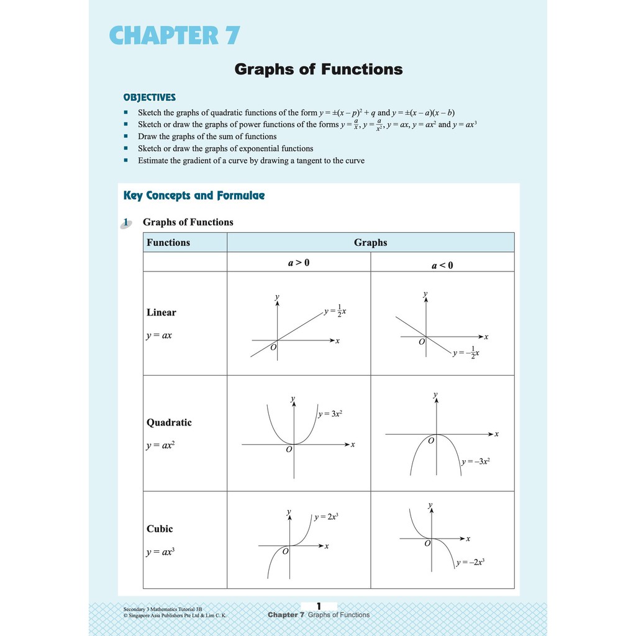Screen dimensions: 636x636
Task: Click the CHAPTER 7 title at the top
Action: click(x=175, y=35)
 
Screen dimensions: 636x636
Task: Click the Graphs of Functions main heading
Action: click(x=318, y=69)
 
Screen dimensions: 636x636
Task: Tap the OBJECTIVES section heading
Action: click(x=149, y=98)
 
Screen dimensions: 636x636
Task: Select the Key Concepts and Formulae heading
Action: click(x=194, y=196)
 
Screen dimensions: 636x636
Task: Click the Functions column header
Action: click(x=168, y=242)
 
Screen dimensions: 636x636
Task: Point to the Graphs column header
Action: click(x=370, y=242)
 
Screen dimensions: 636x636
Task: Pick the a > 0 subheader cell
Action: click(x=298, y=263)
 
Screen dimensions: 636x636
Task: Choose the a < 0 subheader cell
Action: click(x=442, y=265)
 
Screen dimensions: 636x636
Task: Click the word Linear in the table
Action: click(x=161, y=312)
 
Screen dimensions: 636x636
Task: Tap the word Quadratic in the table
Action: click(x=169, y=422)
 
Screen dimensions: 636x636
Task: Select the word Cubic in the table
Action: click(x=160, y=529)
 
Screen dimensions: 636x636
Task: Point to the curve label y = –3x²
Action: click(x=476, y=461)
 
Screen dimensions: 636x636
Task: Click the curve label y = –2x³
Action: click(x=470, y=562)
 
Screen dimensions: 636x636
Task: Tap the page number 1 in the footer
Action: click(x=319, y=606)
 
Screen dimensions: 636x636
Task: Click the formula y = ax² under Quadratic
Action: click(x=160, y=445)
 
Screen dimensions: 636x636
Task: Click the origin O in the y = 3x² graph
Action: click(x=288, y=450)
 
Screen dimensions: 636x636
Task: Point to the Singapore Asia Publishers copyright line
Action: click(x=175, y=616)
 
